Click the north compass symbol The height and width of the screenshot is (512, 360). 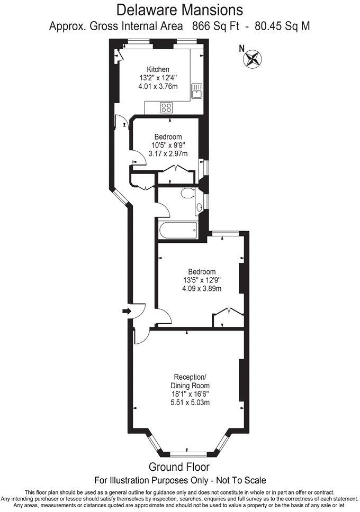click(x=253, y=58)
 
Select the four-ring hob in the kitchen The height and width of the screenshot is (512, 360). click(x=166, y=107)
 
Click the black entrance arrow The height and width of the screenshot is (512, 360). click(x=125, y=312)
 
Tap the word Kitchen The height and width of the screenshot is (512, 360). click(x=158, y=69)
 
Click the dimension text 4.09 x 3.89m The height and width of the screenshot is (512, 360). click(x=201, y=289)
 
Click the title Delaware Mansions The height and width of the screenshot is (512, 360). click(x=179, y=10)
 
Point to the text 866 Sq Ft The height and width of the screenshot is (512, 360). click(x=221, y=25)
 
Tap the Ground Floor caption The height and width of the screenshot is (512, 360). click(x=179, y=467)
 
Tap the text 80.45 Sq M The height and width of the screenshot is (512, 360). click(x=282, y=25)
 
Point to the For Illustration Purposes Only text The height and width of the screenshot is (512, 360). click(x=180, y=480)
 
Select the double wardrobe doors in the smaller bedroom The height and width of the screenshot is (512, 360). click(x=175, y=169)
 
